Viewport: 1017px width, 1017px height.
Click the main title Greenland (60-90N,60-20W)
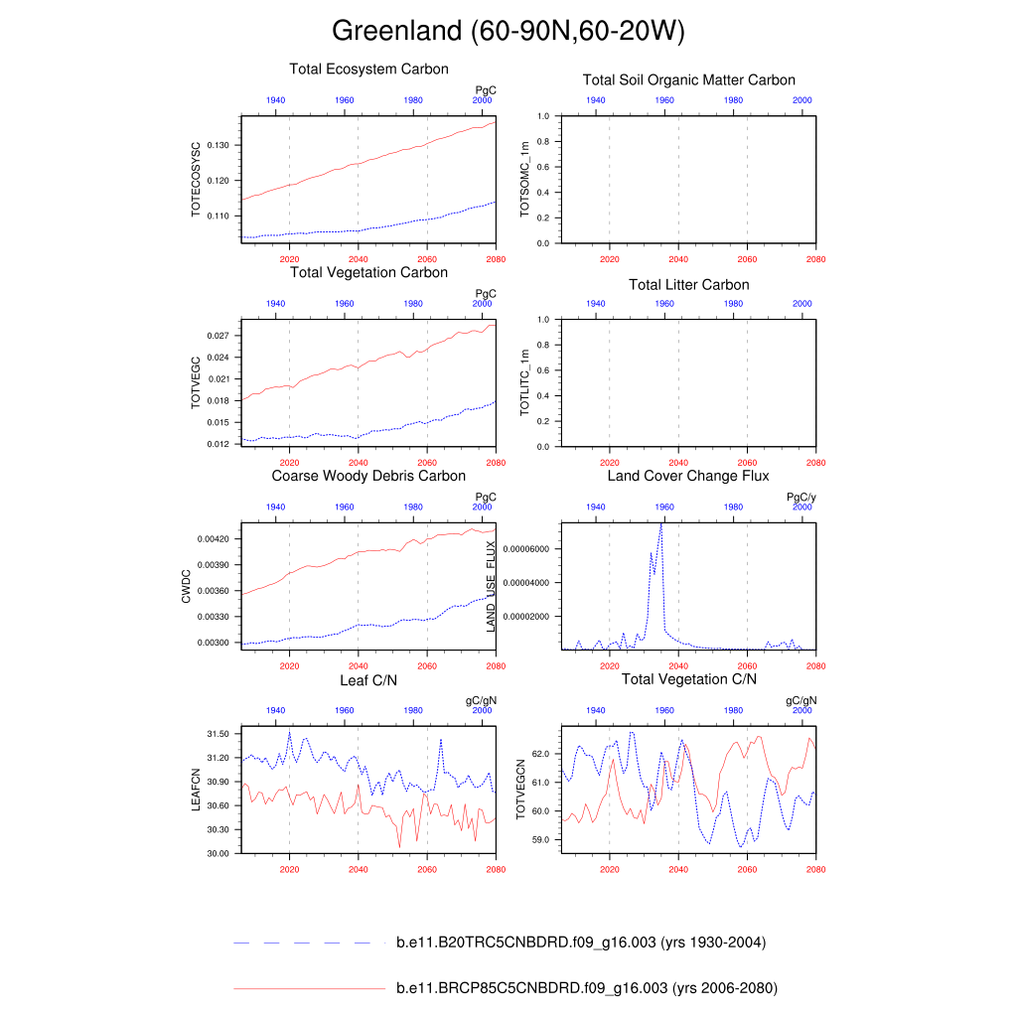508,31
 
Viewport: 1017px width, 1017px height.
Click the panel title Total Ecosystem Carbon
368,70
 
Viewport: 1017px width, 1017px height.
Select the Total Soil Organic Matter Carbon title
688,80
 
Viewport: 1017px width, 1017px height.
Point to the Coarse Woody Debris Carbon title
368,477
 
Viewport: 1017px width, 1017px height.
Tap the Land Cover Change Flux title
688,477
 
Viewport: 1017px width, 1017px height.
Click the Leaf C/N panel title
368,680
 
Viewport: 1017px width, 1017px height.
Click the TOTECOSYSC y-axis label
196,180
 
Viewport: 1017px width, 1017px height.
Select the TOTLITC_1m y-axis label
525,383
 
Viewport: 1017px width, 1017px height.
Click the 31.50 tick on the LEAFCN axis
218,734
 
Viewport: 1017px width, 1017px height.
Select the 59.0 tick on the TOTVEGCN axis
540,840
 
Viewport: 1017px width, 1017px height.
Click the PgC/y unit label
800,498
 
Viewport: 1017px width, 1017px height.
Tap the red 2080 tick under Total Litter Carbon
815,463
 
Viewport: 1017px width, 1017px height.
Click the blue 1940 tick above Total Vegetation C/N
596,711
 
